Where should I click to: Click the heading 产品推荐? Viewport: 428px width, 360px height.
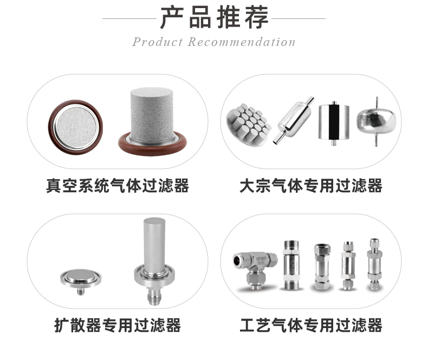[214, 18]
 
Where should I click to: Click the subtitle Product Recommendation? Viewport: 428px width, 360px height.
[214, 42]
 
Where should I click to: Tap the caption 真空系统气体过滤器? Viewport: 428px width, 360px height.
[117, 186]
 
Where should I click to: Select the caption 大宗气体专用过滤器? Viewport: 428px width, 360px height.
[311, 186]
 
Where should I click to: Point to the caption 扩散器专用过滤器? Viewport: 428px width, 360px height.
[117, 325]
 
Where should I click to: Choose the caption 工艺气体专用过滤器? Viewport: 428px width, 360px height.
[311, 325]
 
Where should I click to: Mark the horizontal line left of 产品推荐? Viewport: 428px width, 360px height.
[129, 18]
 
